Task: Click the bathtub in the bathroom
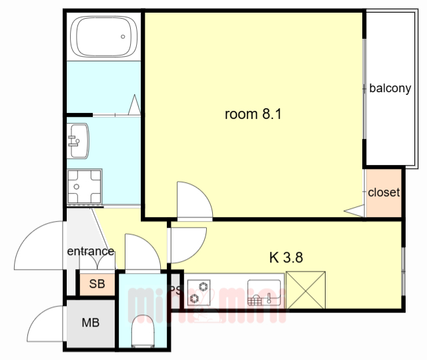pos(103,37)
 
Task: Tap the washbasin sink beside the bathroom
pos(79,141)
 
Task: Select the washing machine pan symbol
pos(84,186)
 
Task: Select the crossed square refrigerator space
pos(305,291)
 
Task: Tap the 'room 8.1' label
pos(253,114)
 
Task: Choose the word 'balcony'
pos(390,88)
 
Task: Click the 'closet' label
pos(384,192)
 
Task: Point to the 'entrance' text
pos(90,251)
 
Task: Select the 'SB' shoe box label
pos(97,284)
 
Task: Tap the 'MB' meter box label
pos(90,323)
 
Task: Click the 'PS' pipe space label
pos(175,291)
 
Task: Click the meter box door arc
pos(44,324)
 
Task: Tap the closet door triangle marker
pos(354,211)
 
